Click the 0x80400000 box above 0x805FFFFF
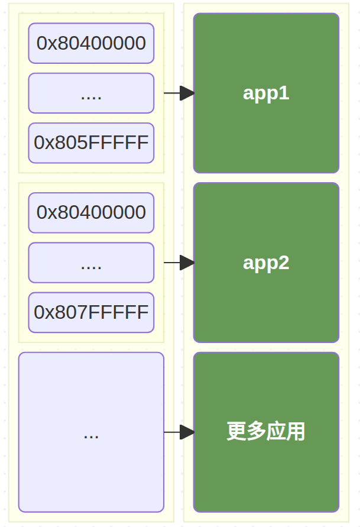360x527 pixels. pos(91,43)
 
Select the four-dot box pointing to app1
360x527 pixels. pos(91,93)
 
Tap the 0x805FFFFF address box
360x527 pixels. pos(91,143)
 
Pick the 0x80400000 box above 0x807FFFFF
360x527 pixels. pos(91,212)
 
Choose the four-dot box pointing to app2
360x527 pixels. pos(91,263)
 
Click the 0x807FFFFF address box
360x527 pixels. pos(91,312)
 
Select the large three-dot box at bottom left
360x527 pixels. pos(91,432)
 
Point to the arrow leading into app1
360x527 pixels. pos(179,93)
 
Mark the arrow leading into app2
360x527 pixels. pos(179,263)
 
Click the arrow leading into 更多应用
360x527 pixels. pos(179,432)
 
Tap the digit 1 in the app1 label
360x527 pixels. pos(285,93)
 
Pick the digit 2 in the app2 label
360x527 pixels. pos(285,263)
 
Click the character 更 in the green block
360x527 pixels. pos(236,432)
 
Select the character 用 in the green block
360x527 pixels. pos(296,432)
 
